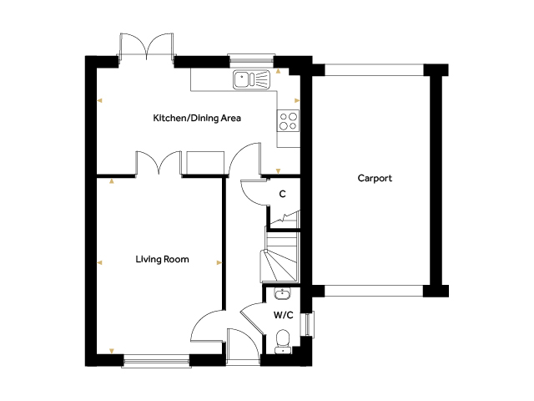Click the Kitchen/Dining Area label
point(197,118)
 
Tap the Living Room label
point(162,259)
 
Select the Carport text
point(375,178)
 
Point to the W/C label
point(284,315)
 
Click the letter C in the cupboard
point(282,194)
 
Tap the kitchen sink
point(252,79)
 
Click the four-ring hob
point(288,121)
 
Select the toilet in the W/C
point(283,342)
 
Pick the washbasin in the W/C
point(282,293)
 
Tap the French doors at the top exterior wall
point(147,47)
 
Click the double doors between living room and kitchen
point(159,163)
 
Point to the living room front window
point(156,360)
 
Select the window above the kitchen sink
point(251,59)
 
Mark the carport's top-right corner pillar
point(436,70)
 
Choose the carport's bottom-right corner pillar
point(436,291)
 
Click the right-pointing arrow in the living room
point(219,262)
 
